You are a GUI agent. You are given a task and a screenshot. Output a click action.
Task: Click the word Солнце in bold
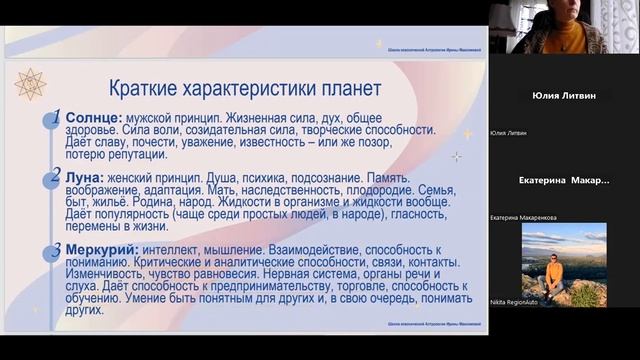tap(93, 117)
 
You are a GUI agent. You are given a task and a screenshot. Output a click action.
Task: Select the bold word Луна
tap(87, 175)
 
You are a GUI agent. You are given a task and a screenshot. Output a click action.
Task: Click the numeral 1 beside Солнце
tap(57, 116)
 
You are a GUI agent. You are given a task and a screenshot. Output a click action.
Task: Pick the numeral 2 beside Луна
tap(57, 176)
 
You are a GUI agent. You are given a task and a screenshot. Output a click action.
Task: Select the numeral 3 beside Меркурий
tap(57, 250)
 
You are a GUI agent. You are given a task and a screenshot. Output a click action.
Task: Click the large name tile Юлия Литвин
tap(564, 96)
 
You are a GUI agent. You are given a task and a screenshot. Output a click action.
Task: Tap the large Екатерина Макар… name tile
tap(564, 180)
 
